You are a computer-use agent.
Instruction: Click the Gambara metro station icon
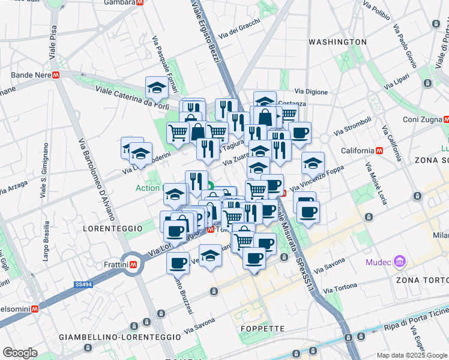140,2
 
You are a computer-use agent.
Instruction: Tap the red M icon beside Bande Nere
56,76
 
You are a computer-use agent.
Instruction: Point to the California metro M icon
379,150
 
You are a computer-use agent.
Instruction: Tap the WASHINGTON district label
337,42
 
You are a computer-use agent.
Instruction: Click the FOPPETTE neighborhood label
262,328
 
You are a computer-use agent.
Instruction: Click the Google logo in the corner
20,353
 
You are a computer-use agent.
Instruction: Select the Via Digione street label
311,92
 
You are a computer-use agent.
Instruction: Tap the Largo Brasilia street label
46,243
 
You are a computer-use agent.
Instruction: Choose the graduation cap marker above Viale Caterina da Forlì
157,88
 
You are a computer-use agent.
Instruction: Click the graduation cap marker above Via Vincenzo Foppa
313,163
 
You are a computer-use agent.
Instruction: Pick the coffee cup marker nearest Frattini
177,262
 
